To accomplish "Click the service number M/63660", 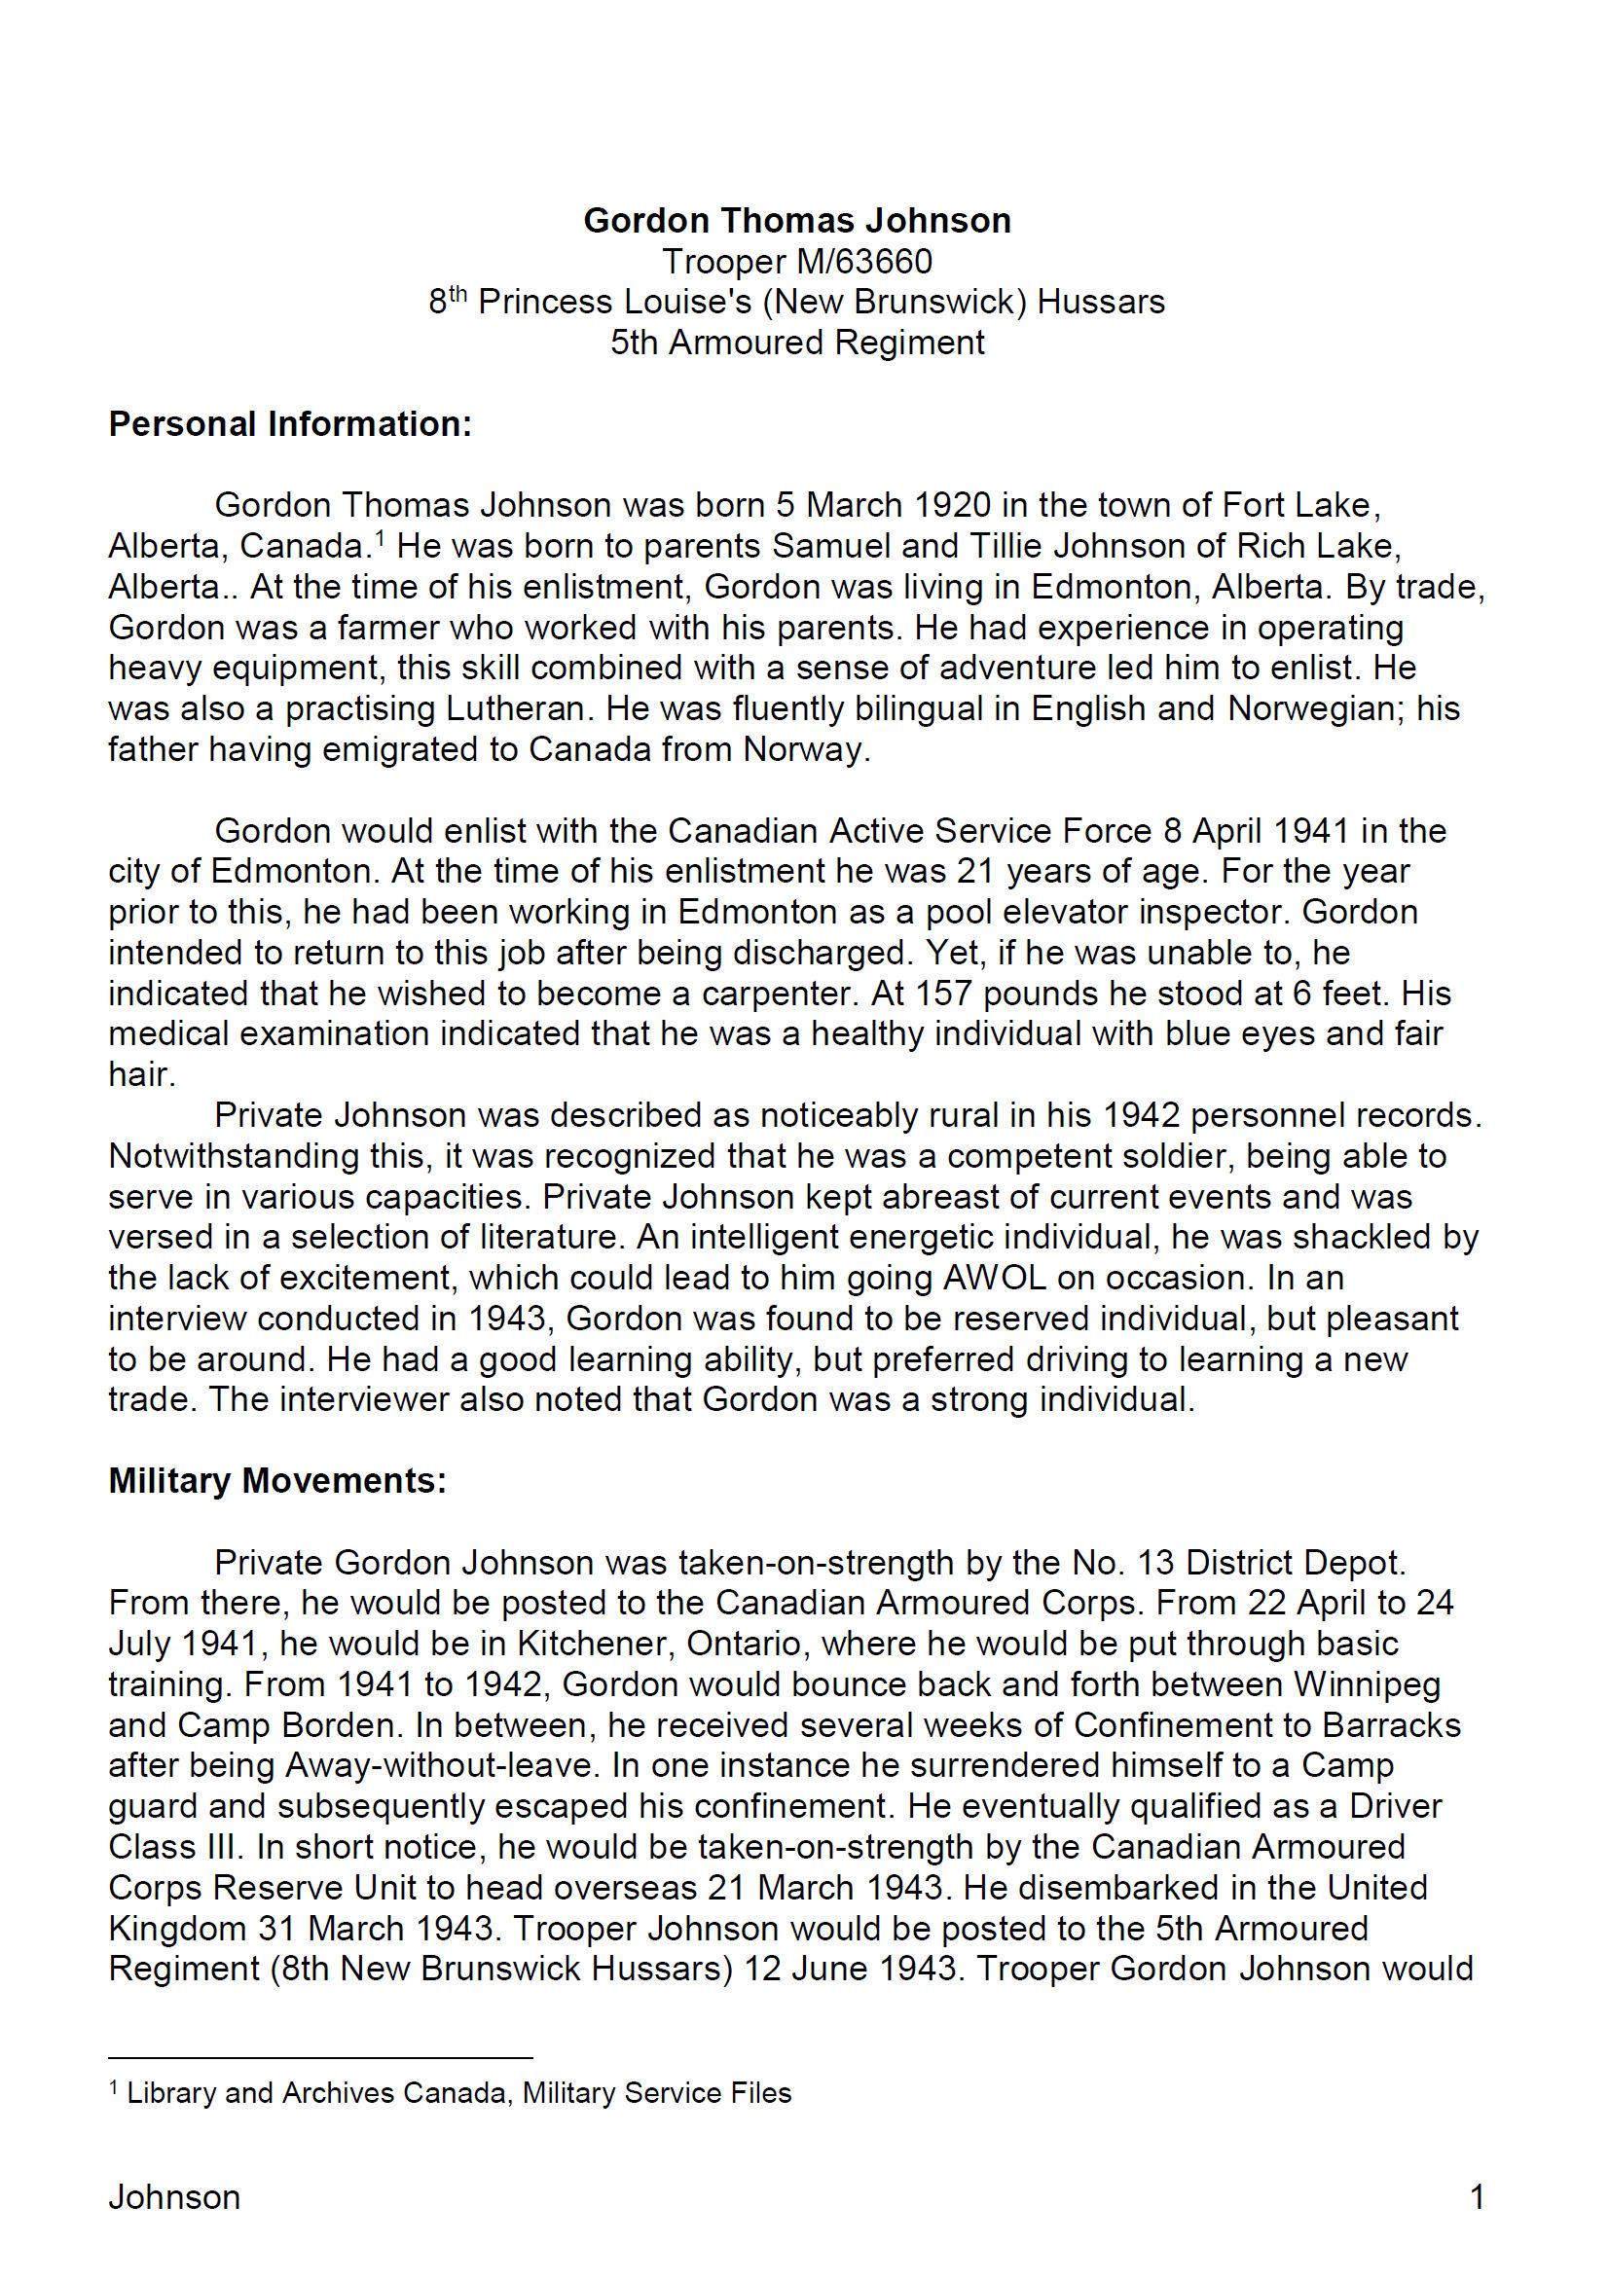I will [863, 261].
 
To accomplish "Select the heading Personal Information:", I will [290, 424].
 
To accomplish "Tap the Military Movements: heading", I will [277, 1480].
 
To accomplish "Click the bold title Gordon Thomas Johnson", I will [797, 220].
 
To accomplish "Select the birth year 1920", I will [952, 505].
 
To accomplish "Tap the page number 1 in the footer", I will [1477, 2196].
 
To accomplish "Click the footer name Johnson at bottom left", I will [174, 2196].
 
